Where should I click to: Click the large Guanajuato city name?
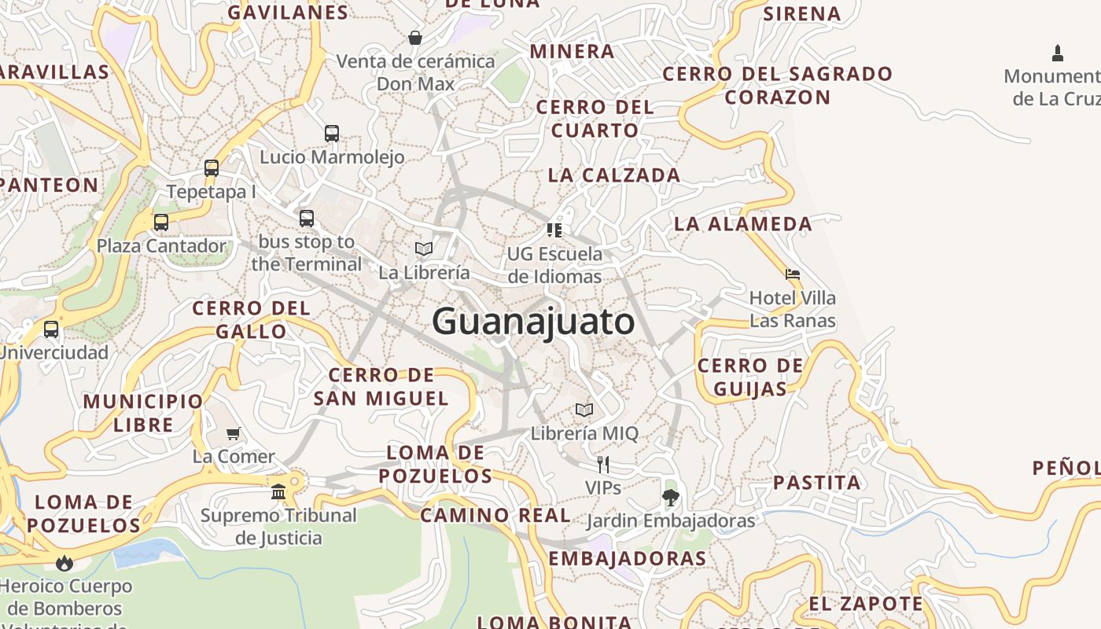tap(533, 322)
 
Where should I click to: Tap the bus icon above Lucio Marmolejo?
tap(332, 134)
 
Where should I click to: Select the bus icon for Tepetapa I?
tap(212, 167)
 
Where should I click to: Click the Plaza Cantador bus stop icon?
tap(161, 223)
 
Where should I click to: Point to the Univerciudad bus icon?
tap(51, 329)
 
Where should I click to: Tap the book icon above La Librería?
tap(424, 249)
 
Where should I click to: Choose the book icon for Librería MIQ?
tap(584, 410)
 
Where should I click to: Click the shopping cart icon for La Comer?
tap(234, 433)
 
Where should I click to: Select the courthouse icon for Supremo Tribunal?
tap(278, 492)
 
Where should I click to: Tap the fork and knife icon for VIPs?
tap(603, 465)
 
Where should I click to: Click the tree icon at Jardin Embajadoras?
tap(670, 497)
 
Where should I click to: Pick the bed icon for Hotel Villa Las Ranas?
tap(793, 274)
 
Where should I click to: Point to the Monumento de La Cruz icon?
tap(1058, 53)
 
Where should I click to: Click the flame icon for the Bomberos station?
tap(64, 563)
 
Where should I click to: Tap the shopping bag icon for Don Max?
tap(415, 38)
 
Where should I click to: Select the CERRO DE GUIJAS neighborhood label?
tap(750, 377)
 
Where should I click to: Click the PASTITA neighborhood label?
tap(817, 482)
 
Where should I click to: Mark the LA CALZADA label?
tap(614, 175)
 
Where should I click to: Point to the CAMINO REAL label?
tap(495, 516)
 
